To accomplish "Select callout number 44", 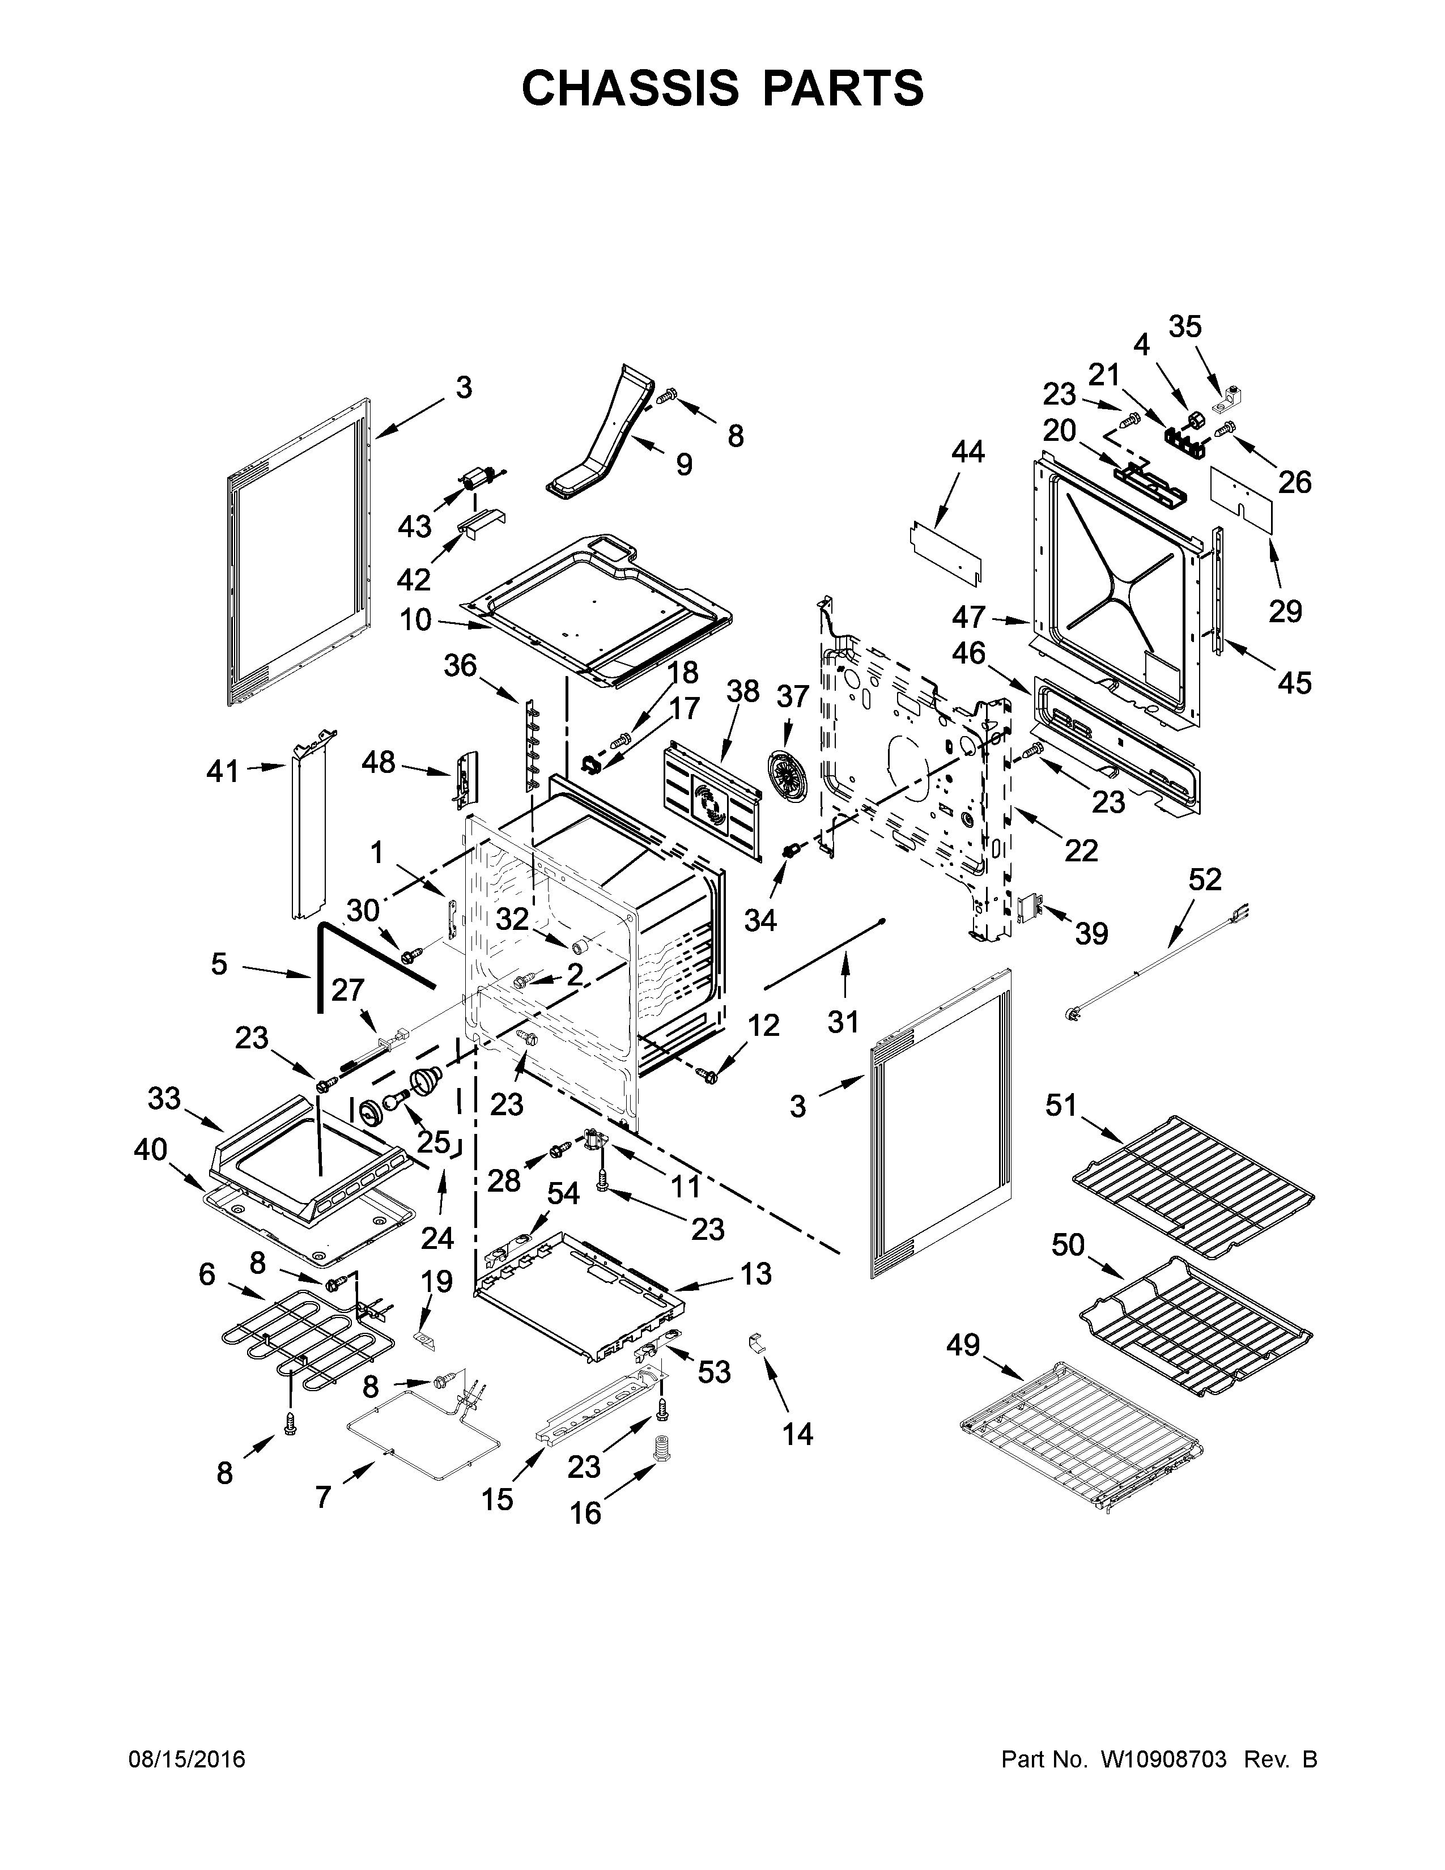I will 968,451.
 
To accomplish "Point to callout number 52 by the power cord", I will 1205,879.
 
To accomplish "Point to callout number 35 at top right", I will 1185,326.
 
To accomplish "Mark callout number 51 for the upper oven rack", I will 1061,1106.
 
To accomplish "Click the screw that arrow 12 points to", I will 707,1073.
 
